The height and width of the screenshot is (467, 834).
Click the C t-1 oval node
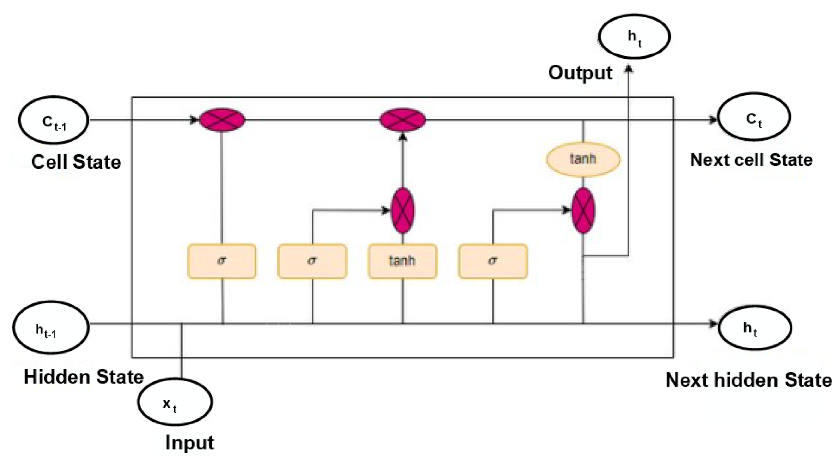pos(54,121)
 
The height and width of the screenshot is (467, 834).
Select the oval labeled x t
pos(175,402)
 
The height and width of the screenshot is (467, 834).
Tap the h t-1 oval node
pos(51,328)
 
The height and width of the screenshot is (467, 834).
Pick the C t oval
pos(754,117)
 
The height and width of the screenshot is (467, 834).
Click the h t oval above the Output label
pos(634,37)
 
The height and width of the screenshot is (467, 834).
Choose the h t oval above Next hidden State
pos(755,328)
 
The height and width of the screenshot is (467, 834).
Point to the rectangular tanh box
pos(402,261)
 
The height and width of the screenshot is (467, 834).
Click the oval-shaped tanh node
pos(583,160)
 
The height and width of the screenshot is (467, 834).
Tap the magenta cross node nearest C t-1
pos(222,120)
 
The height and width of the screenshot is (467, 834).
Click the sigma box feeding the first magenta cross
pos(221,261)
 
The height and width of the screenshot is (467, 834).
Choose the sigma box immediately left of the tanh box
pos(312,261)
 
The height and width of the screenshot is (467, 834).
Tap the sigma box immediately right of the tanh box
pos(493,261)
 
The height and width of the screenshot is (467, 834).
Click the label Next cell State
pos(751,160)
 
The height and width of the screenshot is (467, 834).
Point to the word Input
pos(189,443)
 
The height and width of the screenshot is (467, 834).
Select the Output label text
pos(580,73)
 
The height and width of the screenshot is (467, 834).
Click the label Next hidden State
pos(748,380)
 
